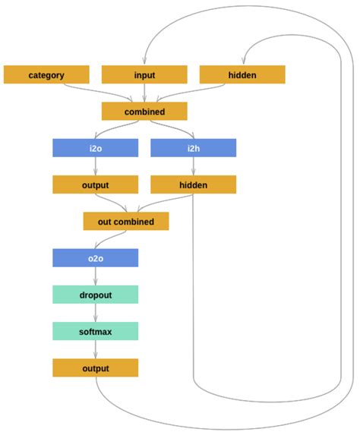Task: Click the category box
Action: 46,74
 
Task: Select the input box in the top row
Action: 144,74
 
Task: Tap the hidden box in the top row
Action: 242,74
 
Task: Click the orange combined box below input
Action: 144,112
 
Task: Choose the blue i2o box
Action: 95,148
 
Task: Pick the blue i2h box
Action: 193,148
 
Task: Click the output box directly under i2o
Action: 95,184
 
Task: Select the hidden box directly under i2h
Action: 193,184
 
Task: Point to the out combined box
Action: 126,222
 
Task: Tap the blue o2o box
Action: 95,258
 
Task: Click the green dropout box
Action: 95,295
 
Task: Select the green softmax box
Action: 95,331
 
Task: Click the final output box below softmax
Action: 95,368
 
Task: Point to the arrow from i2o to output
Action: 95,166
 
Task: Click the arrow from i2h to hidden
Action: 193,166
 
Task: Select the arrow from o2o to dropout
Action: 95,276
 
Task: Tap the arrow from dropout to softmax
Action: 95,313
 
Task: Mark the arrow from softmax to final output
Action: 95,349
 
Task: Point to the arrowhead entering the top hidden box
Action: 242,62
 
